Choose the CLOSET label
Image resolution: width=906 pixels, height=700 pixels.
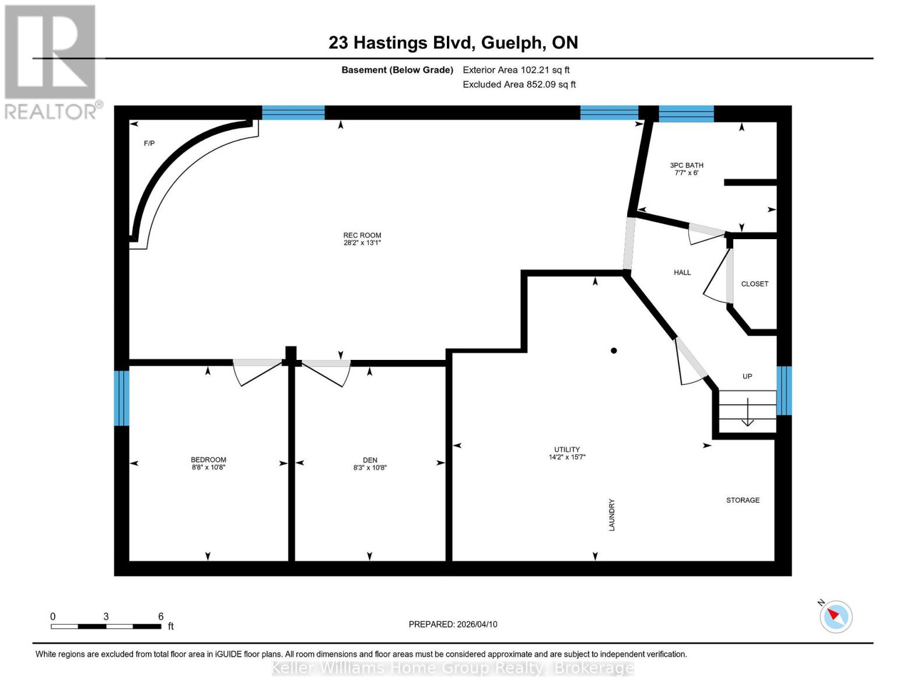(754, 284)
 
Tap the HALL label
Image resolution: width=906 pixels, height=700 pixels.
(682, 272)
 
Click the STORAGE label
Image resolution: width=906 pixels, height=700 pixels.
(743, 501)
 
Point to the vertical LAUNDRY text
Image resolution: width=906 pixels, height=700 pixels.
(612, 514)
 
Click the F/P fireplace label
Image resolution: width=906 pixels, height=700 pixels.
(149, 143)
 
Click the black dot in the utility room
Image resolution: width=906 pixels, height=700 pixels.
(614, 351)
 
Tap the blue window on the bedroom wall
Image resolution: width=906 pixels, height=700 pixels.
(121, 398)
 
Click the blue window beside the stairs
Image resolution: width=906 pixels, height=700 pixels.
(784, 390)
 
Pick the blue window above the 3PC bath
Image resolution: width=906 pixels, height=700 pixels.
(686, 113)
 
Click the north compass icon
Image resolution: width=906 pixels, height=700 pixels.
(835, 616)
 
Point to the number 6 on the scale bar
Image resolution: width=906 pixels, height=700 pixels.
(161, 616)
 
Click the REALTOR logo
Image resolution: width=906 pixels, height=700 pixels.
(50, 61)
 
